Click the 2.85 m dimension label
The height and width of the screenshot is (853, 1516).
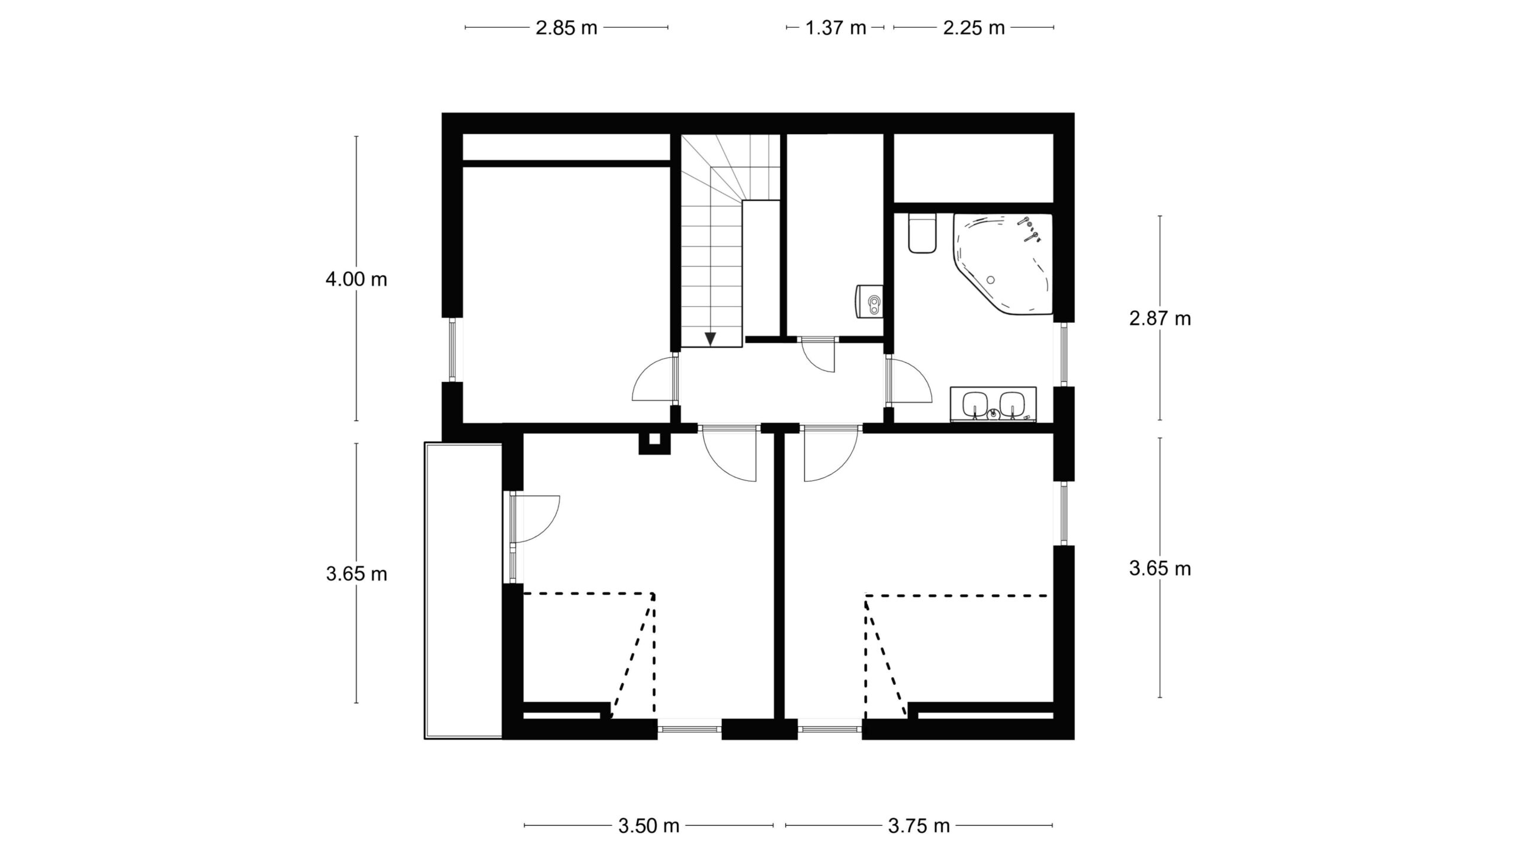point(566,28)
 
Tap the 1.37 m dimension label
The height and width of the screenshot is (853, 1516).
point(836,28)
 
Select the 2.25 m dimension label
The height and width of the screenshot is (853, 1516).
point(974,28)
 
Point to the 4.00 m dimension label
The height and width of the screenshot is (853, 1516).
point(356,279)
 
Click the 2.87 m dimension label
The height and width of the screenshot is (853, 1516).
point(1160,319)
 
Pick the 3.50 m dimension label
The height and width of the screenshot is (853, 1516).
point(648,826)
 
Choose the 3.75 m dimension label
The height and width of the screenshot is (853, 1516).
point(918,826)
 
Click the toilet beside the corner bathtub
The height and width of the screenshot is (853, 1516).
point(922,233)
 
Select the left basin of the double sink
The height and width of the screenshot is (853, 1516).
point(974,405)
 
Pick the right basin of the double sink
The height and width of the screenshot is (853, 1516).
point(1012,405)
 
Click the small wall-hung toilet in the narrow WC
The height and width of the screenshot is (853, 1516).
point(869,302)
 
